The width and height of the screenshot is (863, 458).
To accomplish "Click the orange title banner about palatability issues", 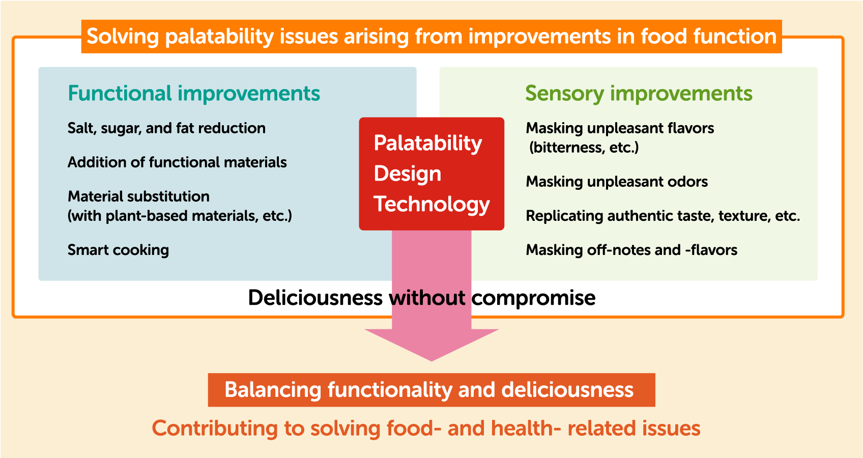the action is [431, 36].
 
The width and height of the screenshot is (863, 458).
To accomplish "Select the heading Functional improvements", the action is [194, 93].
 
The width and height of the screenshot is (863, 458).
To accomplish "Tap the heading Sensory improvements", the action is [639, 94].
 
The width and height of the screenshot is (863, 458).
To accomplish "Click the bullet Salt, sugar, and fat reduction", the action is [166, 128].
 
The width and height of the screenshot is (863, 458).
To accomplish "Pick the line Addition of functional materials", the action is [177, 162].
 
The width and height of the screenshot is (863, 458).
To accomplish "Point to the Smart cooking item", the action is [118, 250].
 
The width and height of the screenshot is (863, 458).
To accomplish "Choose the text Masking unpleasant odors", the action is [617, 182].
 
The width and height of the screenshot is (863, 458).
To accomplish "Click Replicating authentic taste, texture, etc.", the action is [663, 216].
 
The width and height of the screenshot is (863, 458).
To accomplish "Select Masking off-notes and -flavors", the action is [632, 250].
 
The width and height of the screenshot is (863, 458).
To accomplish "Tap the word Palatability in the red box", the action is [427, 144].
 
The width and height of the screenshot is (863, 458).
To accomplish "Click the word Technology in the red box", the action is [431, 204].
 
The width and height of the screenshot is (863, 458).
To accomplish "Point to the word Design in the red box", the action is [408, 174].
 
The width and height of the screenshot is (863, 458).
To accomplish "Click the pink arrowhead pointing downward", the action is [431, 345].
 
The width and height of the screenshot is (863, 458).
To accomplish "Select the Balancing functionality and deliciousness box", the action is [431, 390].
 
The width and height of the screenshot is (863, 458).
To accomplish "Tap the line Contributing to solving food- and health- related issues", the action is [426, 428].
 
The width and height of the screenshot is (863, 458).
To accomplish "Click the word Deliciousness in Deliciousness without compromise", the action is [315, 298].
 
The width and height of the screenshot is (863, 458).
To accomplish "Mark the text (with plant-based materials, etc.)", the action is [180, 216].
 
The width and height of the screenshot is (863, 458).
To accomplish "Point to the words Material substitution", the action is [139, 196].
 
